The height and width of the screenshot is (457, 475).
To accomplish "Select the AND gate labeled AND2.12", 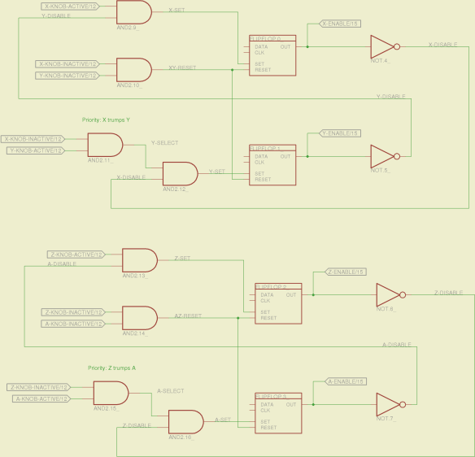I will pyautogui.click(x=180, y=174).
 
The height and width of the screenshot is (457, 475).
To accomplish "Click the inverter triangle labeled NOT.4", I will pyautogui.click(x=381, y=47).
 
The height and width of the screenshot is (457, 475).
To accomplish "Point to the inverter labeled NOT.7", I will pyautogui.click(x=387, y=404).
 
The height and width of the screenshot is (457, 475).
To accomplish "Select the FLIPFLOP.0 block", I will pyautogui.click(x=272, y=56).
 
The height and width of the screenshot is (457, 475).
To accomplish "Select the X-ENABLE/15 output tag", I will pyautogui.click(x=341, y=24).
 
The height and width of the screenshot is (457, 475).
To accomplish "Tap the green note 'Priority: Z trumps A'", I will pyautogui.click(x=112, y=368).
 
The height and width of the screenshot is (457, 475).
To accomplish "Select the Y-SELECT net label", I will pyautogui.click(x=164, y=142).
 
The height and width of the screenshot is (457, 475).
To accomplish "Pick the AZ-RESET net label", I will pyautogui.click(x=187, y=315).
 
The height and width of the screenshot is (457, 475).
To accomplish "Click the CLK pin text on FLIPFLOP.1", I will pyautogui.click(x=259, y=162).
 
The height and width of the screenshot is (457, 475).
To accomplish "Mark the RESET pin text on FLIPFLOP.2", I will pyautogui.click(x=268, y=318).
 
